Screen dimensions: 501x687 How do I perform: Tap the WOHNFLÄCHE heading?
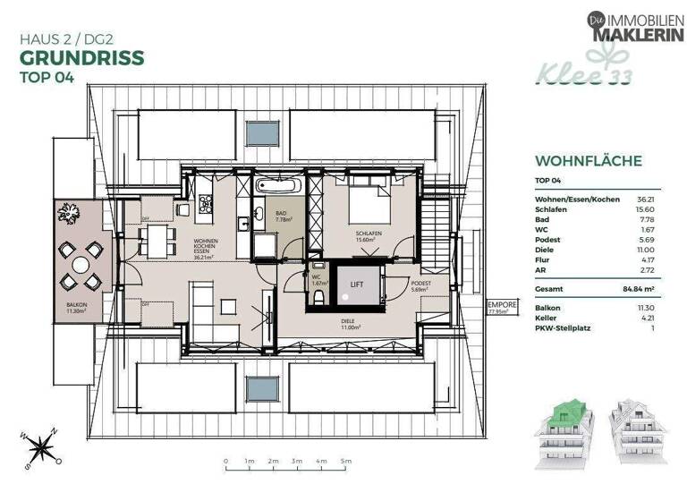(588, 162)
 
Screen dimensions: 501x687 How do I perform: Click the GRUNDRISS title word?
(81, 58)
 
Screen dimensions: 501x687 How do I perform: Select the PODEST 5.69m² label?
(420, 286)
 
